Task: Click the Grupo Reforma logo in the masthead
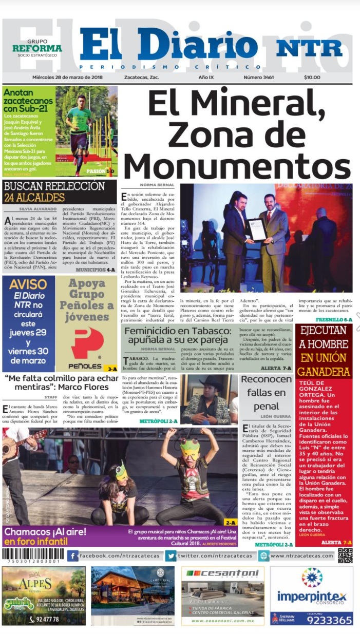click(37, 48)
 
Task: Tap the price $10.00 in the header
click(312, 78)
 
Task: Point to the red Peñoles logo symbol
click(87, 342)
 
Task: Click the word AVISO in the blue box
click(28, 285)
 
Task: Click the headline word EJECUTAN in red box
click(324, 331)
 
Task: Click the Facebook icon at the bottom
click(73, 556)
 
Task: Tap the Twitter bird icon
click(171, 556)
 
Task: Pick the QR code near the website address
click(345, 555)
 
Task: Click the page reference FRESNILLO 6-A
click(334, 319)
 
